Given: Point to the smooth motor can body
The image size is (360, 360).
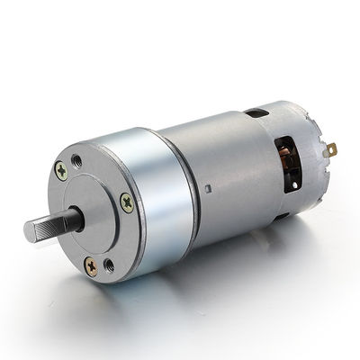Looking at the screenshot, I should click(x=225, y=162).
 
